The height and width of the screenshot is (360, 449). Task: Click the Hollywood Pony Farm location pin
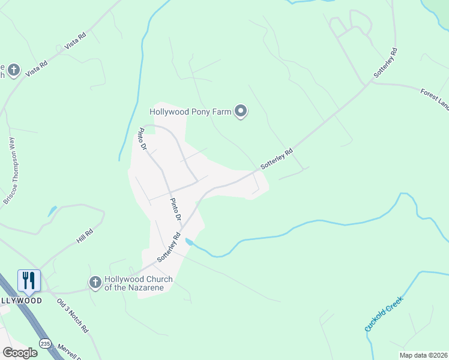point(241,112)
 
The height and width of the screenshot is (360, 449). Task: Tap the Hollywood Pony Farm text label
point(191,112)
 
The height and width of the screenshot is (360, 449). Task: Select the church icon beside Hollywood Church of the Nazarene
point(95,282)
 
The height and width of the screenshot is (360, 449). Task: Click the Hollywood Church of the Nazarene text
point(139,283)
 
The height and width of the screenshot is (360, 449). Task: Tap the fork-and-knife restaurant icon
point(29,280)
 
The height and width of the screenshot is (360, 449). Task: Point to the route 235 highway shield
point(46,343)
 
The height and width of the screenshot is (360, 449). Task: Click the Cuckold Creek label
point(384,314)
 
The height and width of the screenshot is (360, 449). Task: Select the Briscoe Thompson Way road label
point(12,171)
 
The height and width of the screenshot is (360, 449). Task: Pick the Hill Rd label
point(85,236)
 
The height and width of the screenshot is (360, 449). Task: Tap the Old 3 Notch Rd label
point(73,316)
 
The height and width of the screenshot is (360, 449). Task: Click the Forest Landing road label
point(435,98)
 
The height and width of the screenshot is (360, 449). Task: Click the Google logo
point(20,352)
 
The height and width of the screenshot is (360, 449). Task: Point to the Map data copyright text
point(423,355)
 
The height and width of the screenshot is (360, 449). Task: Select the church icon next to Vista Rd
point(14,71)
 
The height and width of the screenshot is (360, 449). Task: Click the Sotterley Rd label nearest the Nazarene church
point(169,247)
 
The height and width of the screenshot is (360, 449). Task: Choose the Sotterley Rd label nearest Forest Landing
point(385,62)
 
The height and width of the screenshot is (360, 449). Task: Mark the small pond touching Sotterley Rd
point(190,242)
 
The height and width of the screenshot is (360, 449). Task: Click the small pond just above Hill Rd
point(52,211)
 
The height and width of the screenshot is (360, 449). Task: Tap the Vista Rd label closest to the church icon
point(37,67)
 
